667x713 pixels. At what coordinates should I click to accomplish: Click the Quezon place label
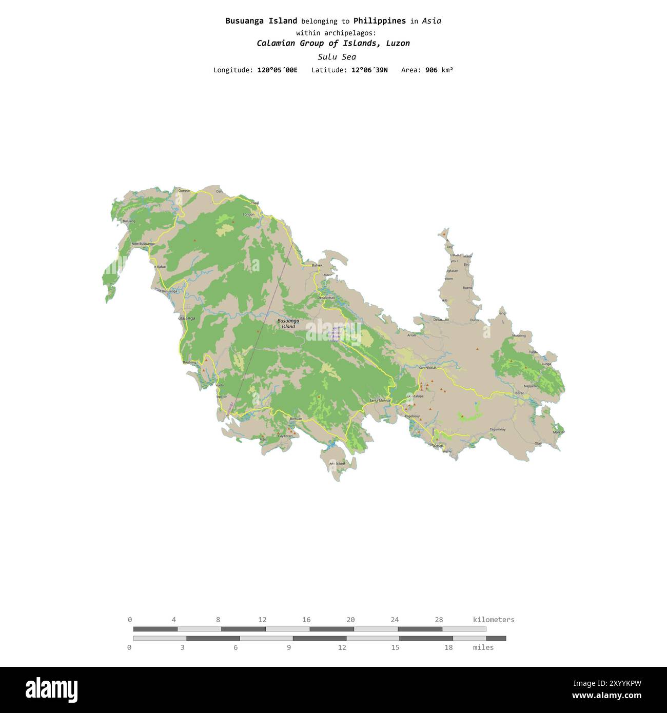(184, 190)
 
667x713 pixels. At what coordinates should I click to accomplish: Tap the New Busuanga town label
(143, 244)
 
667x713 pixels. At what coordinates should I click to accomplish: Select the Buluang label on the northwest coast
(129, 221)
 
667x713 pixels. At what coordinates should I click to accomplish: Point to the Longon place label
(249, 214)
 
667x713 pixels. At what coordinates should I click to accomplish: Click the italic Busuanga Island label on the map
(288, 324)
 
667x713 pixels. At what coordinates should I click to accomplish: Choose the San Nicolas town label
(427, 368)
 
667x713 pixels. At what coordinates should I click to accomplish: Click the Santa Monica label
(380, 400)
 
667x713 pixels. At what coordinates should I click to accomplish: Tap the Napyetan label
(531, 386)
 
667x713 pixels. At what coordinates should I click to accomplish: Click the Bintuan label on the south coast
(296, 419)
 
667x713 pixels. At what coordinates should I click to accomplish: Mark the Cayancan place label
(285, 435)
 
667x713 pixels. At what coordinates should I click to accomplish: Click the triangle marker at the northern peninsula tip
(444, 234)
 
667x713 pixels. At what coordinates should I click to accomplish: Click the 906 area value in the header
(431, 70)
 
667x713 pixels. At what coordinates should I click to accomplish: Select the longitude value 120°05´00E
(277, 70)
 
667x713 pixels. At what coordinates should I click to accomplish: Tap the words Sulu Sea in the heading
(337, 57)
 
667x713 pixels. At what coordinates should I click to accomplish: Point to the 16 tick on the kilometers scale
(306, 620)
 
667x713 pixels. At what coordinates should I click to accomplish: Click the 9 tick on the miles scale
(289, 647)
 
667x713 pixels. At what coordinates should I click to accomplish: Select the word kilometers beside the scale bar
(493, 620)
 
